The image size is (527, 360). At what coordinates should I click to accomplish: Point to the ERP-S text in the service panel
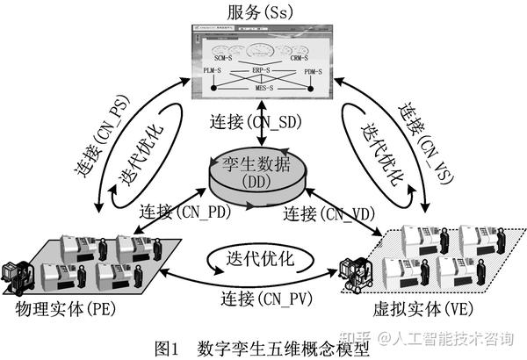[x=263, y=69]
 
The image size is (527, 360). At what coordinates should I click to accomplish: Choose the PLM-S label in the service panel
[x=213, y=69]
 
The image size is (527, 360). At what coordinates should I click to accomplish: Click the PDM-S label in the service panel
[x=314, y=69]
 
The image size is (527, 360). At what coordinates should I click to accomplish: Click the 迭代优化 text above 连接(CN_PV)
[x=260, y=258]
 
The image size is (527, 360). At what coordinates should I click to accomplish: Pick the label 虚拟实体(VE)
[x=446, y=311]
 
